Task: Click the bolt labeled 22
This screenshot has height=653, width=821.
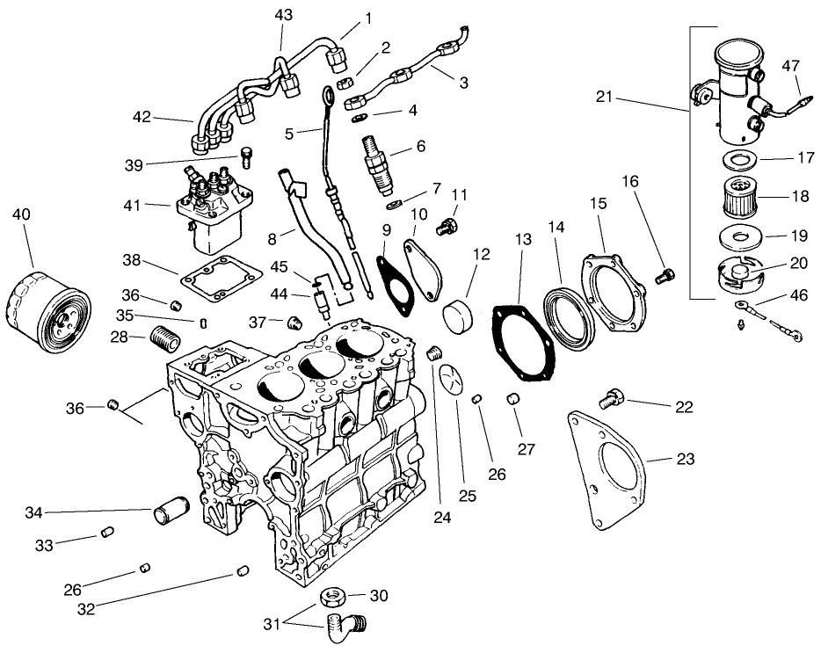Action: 610,401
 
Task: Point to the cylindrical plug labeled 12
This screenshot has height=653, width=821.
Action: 461,315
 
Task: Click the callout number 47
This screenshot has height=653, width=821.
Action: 790,65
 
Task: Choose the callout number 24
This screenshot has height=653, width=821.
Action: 441,518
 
